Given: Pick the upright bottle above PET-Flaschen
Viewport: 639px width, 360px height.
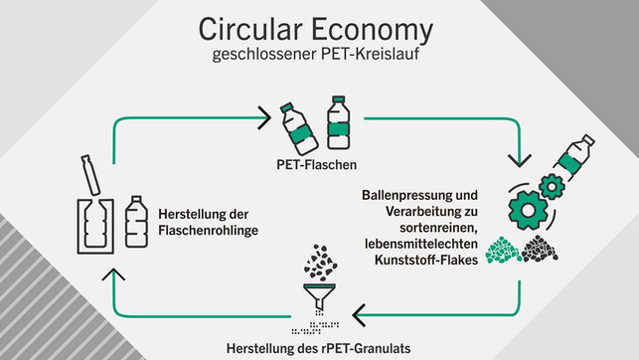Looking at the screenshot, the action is tap(339, 121).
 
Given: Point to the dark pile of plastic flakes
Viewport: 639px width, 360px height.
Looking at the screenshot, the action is tap(540, 249).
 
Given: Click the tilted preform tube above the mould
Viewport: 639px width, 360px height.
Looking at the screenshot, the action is tap(92, 176).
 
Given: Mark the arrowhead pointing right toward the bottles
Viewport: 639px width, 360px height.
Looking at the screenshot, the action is tap(264, 118).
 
